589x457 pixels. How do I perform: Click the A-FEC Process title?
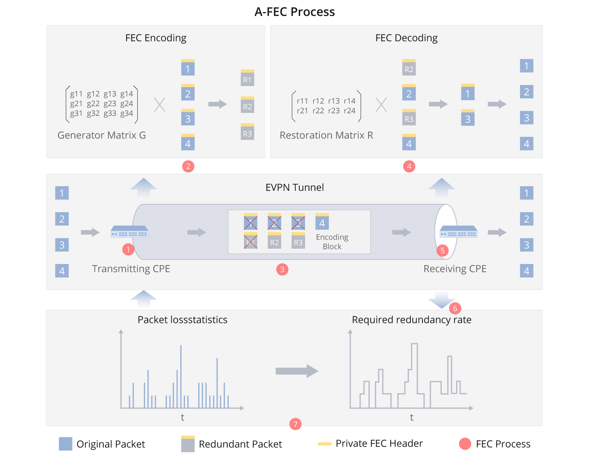(294, 12)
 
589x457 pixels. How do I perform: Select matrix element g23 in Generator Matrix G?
(110, 103)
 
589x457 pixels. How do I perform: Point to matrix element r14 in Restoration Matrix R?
(349, 101)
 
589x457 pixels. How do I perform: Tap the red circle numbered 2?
(188, 166)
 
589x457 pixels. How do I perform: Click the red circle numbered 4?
(409, 166)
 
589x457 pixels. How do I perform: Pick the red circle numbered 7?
(295, 424)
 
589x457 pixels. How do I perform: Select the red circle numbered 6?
(455, 308)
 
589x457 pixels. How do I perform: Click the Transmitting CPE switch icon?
(129, 232)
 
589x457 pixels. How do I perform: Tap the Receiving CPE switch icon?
(458, 232)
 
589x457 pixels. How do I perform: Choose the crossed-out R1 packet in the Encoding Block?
(250, 241)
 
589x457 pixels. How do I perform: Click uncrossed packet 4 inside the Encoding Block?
(322, 221)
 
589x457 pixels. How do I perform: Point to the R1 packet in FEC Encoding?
(247, 78)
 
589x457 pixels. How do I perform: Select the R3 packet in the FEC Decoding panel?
(409, 117)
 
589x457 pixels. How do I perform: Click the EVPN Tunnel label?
(294, 187)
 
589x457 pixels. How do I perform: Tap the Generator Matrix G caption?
(102, 135)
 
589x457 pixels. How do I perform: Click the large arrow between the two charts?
(297, 371)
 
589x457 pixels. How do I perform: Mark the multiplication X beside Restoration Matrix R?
(381, 105)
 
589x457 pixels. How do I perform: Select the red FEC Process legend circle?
(465, 444)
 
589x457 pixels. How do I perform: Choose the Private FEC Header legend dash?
(324, 444)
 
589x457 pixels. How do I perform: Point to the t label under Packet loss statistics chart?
(182, 417)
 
